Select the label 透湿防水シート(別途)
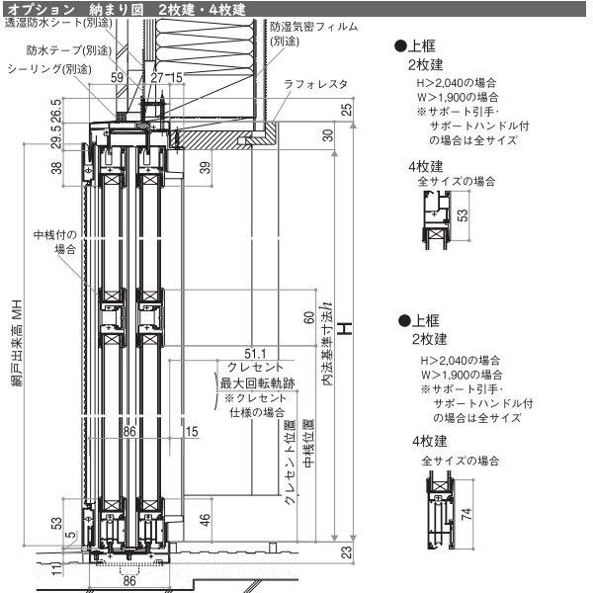point(56,23)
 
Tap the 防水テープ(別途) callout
point(68,48)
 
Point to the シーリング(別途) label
point(48,70)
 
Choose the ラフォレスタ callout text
point(314,86)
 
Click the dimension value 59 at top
point(118,76)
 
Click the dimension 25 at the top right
point(347,109)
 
